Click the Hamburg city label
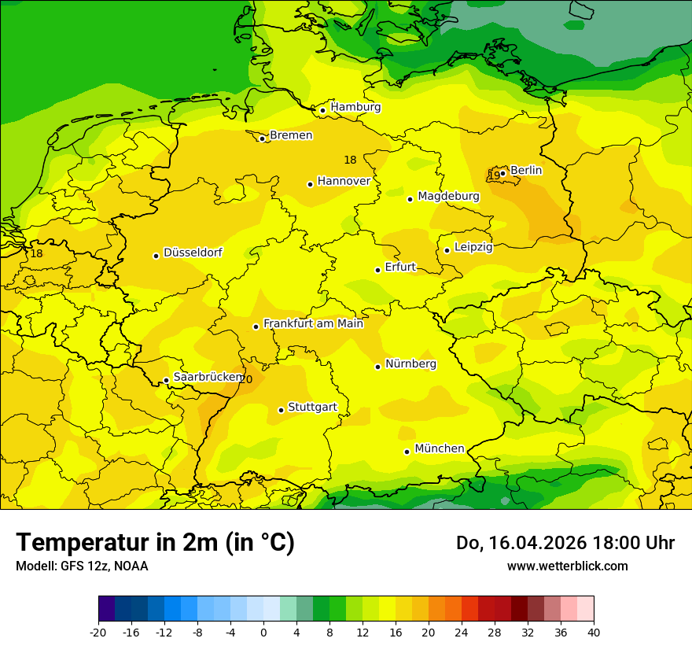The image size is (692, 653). tap(355, 107)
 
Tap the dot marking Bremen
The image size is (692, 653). tap(263, 138)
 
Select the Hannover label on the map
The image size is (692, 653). tap(344, 181)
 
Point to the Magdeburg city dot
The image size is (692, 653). tap(410, 199)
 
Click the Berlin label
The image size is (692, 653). tap(526, 170)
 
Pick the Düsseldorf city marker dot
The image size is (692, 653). tap(156, 256)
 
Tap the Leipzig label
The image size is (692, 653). tap(473, 247)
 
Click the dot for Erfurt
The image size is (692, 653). tap(378, 270)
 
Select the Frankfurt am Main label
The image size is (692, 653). tap(313, 323)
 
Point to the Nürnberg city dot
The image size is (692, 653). tap(378, 367)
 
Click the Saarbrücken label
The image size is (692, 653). tap(207, 377)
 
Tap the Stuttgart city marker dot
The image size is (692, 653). tap(282, 410)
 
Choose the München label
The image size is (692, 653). tap(439, 448)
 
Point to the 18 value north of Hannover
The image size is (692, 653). tap(350, 160)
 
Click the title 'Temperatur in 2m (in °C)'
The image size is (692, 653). tap(155, 543)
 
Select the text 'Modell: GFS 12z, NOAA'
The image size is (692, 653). tap(82, 566)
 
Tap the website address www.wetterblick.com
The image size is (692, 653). tap(567, 566)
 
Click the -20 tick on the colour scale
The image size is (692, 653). tap(98, 632)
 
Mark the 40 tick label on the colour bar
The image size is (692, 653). tap(594, 632)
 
